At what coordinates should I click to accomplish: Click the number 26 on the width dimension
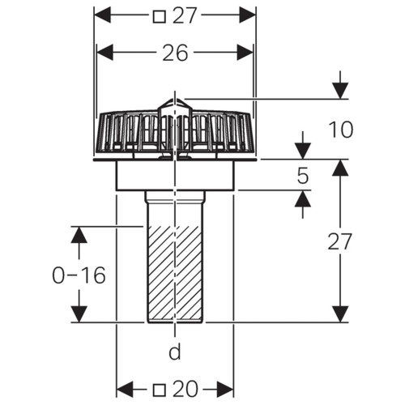point(175,53)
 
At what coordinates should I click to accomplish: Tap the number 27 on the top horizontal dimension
point(185,15)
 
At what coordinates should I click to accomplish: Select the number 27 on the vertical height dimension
point(339,241)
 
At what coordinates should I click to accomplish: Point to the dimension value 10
point(341,130)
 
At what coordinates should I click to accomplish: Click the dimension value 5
point(303,176)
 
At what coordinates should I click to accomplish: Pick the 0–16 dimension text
point(79,275)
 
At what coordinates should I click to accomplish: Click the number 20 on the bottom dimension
point(185,389)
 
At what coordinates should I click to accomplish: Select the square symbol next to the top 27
point(159,16)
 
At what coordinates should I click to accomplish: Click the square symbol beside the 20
point(159,390)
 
